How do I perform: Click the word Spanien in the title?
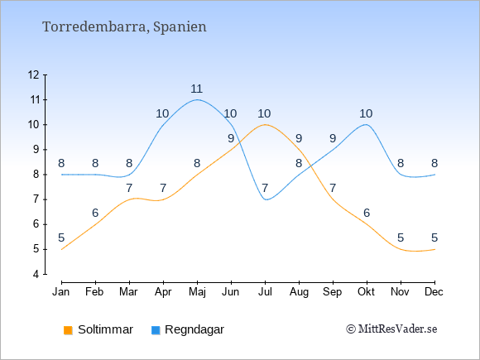coord(180,27)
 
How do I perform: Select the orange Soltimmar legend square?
coord(68,330)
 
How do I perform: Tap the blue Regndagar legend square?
coord(156,330)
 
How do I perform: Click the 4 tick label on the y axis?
coord(36,274)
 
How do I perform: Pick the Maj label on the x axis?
coord(197,292)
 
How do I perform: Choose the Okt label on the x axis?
coord(366,292)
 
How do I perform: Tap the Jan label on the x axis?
coord(61,292)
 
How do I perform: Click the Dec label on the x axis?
coord(434,292)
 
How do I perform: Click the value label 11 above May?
coord(196,89)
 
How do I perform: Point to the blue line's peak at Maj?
coord(197,99)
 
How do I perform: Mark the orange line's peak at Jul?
coord(265,125)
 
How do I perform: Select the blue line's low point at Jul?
coord(266,199)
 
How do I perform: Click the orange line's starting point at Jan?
coord(62,249)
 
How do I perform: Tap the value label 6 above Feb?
coord(95,213)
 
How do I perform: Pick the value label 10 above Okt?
coord(366,114)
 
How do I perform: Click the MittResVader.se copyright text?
coord(391,329)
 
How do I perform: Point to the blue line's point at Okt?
coord(366,124)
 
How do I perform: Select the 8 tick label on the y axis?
coord(36,175)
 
